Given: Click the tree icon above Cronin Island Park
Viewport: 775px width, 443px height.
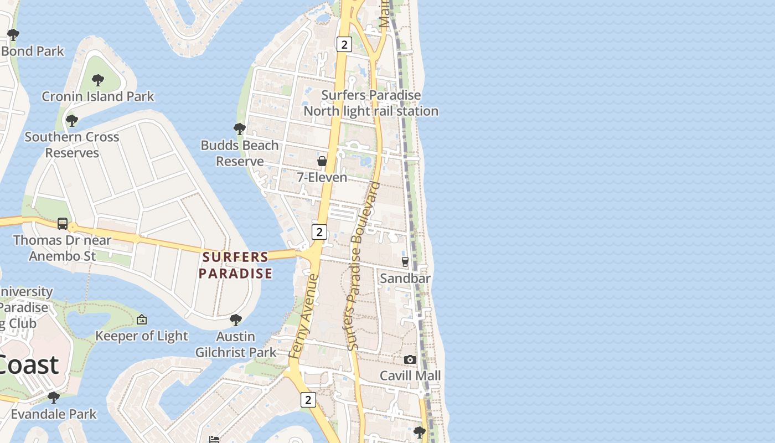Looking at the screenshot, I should (x=98, y=80).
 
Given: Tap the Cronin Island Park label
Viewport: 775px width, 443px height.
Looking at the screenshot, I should (x=98, y=96).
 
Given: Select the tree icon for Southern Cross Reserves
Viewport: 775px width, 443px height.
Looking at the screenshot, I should (x=71, y=120).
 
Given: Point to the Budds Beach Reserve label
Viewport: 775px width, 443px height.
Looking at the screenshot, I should (x=240, y=153).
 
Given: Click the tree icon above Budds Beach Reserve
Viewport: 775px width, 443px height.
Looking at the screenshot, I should (x=240, y=129).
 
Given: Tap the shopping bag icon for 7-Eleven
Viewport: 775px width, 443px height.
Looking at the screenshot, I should (x=322, y=161).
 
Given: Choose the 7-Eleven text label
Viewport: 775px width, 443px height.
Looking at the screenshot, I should (x=322, y=177).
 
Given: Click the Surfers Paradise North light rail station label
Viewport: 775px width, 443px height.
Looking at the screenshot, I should (x=371, y=103).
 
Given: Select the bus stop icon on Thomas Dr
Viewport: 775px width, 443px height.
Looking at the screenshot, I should (x=63, y=224).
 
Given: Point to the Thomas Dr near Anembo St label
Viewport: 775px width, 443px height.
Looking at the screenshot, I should (x=62, y=248).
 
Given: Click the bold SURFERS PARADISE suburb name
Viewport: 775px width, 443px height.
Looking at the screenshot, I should (x=236, y=265).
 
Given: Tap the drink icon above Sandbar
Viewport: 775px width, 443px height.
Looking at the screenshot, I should (x=405, y=262).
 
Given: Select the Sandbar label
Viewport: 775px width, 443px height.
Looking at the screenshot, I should (x=405, y=278).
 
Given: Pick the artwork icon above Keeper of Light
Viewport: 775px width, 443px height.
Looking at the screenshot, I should (x=142, y=320).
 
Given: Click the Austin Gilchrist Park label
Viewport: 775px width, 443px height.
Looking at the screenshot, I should (x=236, y=344).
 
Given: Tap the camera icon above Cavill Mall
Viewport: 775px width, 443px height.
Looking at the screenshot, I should (x=410, y=359).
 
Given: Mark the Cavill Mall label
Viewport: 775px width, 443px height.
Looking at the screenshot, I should (x=410, y=375).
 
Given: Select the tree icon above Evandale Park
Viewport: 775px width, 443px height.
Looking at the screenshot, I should (x=54, y=398).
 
